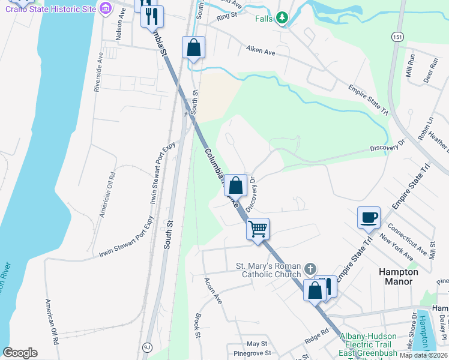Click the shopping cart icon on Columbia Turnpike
click(x=258, y=229)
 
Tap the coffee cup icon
click(x=369, y=217)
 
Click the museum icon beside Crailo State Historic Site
click(x=106, y=8)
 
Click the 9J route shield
click(x=147, y=347)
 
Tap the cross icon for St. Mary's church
click(x=310, y=268)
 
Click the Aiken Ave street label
click(x=260, y=52)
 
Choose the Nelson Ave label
click(x=119, y=28)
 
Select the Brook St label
click(x=197, y=324)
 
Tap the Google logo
click(x=20, y=353)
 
